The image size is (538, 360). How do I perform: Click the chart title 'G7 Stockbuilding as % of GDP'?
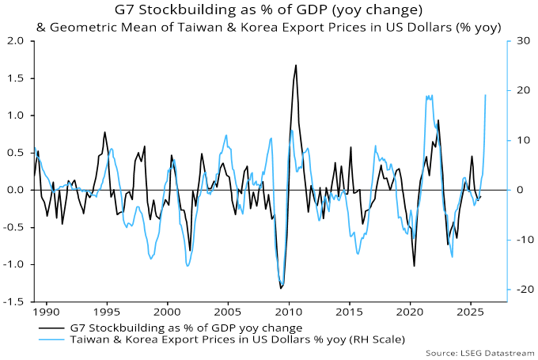(268, 10)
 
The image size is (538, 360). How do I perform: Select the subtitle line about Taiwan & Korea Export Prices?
(268, 27)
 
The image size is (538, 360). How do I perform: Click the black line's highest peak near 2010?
(296, 65)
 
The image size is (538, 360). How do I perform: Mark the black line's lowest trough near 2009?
(280, 288)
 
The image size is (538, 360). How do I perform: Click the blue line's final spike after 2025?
(485, 95)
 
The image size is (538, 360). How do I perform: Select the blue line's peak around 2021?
(428, 96)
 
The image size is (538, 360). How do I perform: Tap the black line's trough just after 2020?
(415, 266)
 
